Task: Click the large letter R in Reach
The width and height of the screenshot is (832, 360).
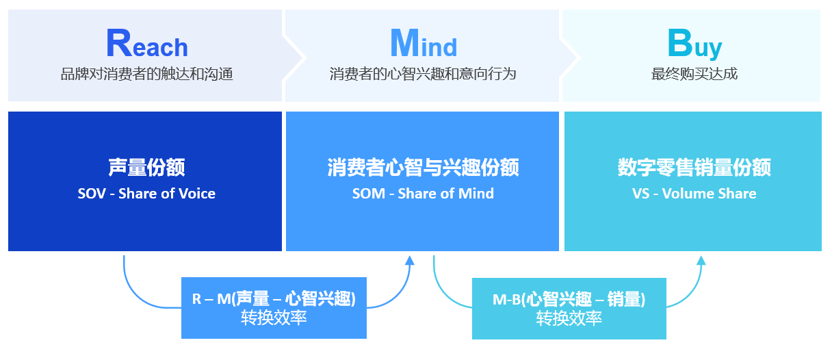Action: [118, 43]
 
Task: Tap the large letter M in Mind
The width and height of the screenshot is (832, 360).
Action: [404, 43]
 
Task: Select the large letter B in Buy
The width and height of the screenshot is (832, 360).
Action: [679, 43]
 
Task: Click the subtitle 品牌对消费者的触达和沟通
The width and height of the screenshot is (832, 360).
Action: [146, 74]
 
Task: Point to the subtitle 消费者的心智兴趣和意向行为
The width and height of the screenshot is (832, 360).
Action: [423, 74]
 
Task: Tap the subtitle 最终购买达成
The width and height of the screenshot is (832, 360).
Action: [694, 74]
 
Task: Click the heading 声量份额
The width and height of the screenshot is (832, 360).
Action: [146, 167]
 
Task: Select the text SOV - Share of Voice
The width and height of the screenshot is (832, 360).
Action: [146, 194]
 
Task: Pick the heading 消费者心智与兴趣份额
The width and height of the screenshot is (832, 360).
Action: [423, 167]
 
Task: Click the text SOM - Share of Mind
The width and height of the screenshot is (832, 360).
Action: [423, 194]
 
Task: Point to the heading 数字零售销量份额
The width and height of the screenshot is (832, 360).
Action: [694, 167]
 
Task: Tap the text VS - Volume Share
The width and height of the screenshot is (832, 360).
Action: [694, 194]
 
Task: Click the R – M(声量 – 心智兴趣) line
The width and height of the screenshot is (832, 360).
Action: [274, 298]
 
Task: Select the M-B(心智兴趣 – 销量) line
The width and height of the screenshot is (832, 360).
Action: [569, 299]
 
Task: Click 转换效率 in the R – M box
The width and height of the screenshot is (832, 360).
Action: [274, 318]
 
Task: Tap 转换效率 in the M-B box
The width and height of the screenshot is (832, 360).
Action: [569, 318]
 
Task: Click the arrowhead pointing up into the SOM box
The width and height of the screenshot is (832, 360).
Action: [410, 260]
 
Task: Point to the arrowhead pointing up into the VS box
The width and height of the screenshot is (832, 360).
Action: [701, 260]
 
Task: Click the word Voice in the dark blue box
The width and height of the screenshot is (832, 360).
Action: [197, 194]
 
